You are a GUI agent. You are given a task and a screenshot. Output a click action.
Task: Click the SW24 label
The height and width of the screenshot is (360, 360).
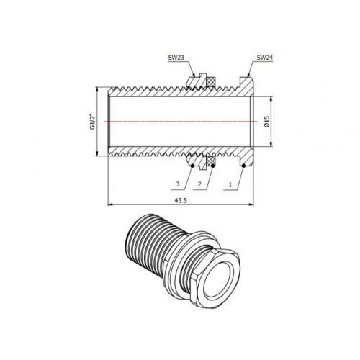265,58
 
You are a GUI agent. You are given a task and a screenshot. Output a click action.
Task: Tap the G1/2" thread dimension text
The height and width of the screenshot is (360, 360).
93,122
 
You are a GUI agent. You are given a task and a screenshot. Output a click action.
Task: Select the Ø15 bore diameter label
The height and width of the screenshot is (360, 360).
268,122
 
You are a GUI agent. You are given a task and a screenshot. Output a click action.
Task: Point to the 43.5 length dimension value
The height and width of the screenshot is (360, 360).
181,201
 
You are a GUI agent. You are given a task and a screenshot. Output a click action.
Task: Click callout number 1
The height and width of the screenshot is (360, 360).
230,184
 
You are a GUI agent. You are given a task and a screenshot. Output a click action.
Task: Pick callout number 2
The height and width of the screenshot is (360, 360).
199,184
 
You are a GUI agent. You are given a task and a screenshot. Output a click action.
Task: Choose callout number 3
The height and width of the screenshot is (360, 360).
178,184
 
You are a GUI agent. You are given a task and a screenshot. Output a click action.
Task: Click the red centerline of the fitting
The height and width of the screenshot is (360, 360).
181,122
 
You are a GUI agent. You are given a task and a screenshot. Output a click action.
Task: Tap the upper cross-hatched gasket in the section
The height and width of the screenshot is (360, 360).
211,81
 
